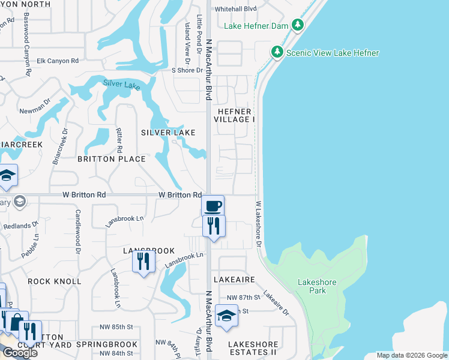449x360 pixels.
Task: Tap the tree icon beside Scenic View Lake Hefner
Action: tap(277, 52)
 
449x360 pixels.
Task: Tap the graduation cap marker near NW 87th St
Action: tap(226, 316)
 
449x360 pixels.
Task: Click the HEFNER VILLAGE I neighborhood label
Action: tap(235, 115)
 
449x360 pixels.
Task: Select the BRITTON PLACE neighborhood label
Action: tap(112, 159)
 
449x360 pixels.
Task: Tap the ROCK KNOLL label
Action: tap(55, 281)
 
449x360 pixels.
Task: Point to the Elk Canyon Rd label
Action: tap(58, 61)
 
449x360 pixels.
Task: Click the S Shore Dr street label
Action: tap(189, 70)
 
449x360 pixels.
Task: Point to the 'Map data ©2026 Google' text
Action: tap(411, 355)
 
